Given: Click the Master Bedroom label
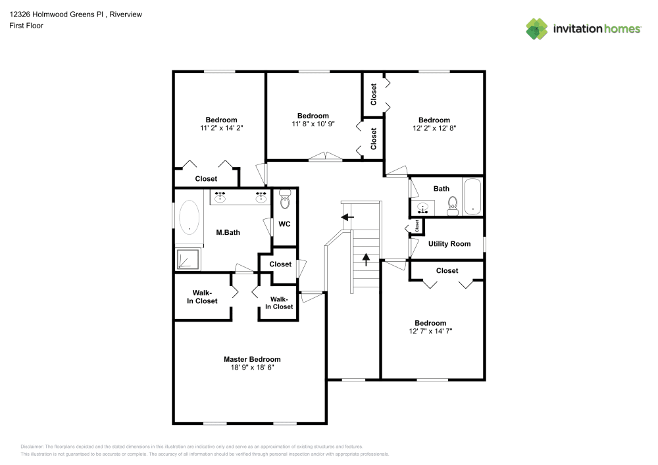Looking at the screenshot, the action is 252,359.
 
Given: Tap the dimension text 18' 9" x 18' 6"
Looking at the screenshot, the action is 252,367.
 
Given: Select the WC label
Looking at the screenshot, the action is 284,224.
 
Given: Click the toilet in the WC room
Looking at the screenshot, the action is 285,199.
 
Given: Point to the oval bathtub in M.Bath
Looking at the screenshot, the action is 189,218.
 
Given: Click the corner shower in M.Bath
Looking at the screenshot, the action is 188,259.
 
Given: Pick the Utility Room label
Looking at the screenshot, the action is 449,243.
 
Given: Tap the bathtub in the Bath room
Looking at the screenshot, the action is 472,197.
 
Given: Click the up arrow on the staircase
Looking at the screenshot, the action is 366,260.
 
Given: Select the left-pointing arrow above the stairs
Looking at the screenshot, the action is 347,217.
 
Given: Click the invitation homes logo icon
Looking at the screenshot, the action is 537,29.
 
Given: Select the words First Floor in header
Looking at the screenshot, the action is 26,26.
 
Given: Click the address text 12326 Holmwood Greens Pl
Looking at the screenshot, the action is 56,14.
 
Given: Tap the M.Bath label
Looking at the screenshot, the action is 228,232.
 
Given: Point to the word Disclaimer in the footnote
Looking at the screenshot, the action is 32,447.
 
